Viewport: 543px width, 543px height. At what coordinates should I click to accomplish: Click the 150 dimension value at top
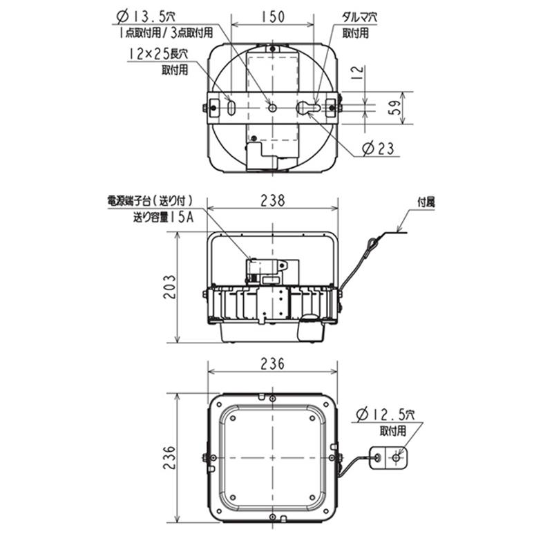(x=274, y=19)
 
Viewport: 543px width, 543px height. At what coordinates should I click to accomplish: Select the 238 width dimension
(x=274, y=201)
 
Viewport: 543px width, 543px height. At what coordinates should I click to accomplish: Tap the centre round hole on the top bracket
(x=273, y=107)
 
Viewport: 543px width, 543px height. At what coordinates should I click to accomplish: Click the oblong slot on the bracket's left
(x=231, y=108)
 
